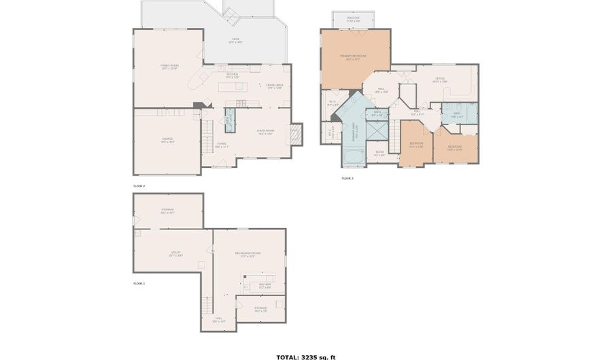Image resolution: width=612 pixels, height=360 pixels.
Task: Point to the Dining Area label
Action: coord(274,87)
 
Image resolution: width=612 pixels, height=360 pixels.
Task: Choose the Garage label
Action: coord(167,140)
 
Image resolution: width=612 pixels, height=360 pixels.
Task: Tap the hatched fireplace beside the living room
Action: coord(295,134)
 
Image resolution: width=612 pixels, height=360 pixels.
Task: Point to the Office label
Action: coord(440,80)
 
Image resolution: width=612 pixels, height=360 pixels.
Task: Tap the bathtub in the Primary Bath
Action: coord(354,157)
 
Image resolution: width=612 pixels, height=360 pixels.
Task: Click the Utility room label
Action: coord(175,254)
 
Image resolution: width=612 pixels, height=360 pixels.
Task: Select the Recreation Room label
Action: coord(248,254)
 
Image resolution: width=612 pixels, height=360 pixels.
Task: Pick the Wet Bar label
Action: coord(265,285)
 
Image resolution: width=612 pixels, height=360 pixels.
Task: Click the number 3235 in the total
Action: coord(311,357)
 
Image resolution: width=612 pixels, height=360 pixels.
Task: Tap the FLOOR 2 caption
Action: coord(139,185)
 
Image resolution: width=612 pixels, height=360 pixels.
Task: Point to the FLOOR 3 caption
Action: coord(347,178)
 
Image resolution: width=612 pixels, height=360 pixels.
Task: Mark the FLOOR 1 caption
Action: coord(139,282)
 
